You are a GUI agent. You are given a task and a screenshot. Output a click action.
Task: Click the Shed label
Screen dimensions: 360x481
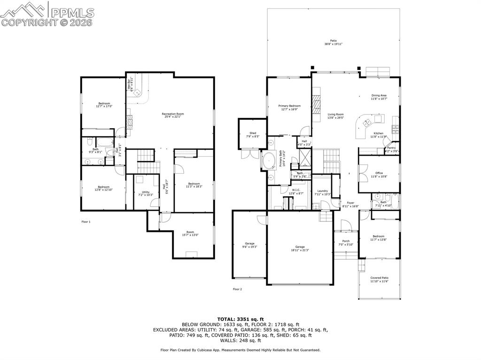(253, 135)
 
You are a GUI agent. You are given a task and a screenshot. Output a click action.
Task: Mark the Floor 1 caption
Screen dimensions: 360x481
(86, 222)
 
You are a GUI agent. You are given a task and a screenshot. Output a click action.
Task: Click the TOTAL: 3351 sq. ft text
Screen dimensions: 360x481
(240, 319)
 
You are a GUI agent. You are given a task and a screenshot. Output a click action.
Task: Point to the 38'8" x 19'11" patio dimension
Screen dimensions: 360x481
(333, 44)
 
